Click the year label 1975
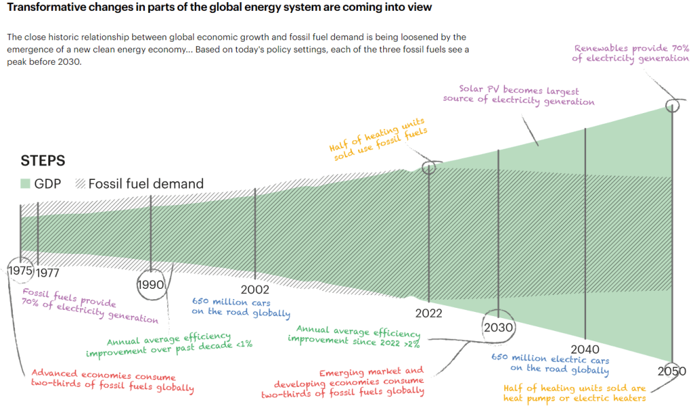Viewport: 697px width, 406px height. coord(20,271)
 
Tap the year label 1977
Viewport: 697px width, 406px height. coord(48,273)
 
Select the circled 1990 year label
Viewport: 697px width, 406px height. coord(150,285)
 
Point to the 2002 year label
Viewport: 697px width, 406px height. coord(255,290)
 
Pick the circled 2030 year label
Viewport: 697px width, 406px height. coord(499,328)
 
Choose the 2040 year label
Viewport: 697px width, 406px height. coord(585,349)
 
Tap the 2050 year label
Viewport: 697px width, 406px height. coord(672,371)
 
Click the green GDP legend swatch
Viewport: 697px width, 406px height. coord(26,183)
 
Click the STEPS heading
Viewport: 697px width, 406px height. coord(43,161)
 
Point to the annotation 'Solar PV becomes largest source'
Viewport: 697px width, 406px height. coord(518,96)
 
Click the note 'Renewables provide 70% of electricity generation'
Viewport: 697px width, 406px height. coord(630,54)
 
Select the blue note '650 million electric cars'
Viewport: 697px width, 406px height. coord(549,364)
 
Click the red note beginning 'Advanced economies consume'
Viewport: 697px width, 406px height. coord(112,382)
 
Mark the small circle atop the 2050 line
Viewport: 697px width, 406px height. coord(672,106)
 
